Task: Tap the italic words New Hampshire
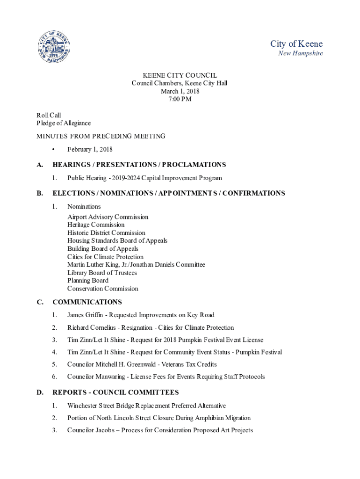pyautogui.click(x=300, y=53)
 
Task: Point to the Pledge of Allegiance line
pyautogui.click(x=64, y=123)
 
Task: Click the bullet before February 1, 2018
pyautogui.click(x=54, y=150)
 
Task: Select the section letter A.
pyautogui.click(x=40, y=165)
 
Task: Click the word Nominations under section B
pyautogui.click(x=84, y=206)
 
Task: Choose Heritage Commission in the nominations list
pyautogui.click(x=96, y=225)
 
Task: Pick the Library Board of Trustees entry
pyautogui.click(x=102, y=273)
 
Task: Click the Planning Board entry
pyautogui.click(x=88, y=281)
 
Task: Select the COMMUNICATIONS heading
pyautogui.click(x=87, y=302)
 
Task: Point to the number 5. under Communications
pyautogui.click(x=55, y=364)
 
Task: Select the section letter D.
pyautogui.click(x=40, y=392)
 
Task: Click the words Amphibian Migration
pyautogui.click(x=224, y=418)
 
